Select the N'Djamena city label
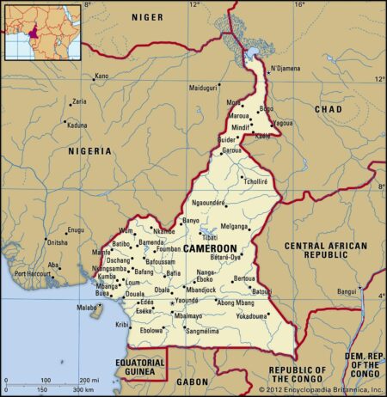288,69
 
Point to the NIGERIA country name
90,150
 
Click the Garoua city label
232,150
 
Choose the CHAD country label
328,109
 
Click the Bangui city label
347,291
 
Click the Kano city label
102,76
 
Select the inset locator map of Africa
42,32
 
